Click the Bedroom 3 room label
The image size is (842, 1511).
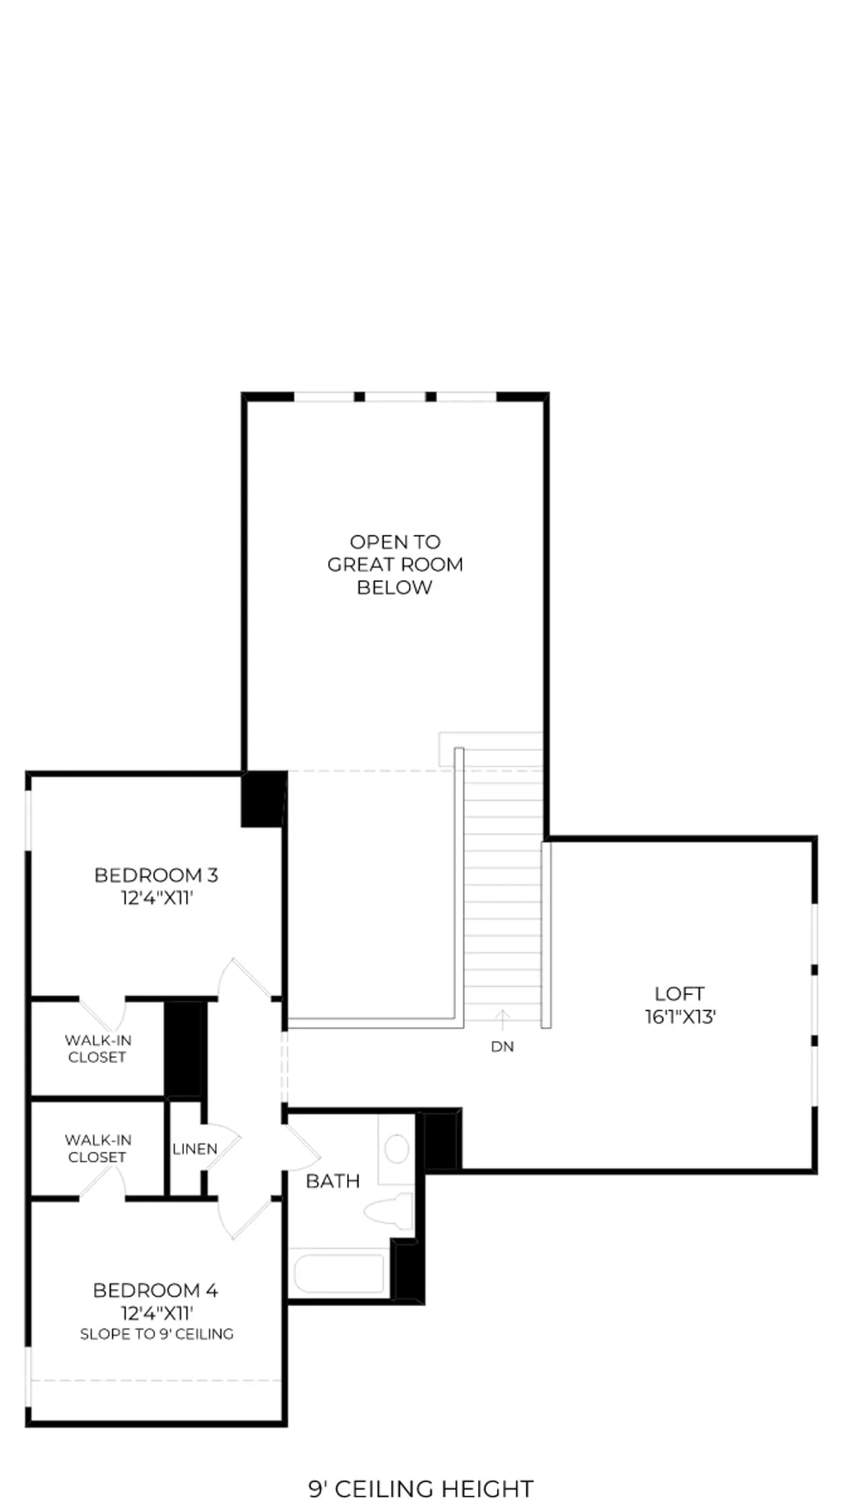156,875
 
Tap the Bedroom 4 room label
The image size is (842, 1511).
156,1290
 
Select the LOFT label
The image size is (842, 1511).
680,993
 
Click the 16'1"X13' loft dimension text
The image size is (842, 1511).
680,1017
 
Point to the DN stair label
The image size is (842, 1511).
502,1046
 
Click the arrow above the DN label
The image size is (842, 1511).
502,1019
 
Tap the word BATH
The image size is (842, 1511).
333,1181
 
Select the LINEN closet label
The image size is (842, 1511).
195,1149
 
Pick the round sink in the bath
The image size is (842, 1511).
397,1149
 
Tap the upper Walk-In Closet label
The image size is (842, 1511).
98,1048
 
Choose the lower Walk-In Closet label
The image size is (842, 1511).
98,1148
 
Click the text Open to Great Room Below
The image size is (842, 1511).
395,564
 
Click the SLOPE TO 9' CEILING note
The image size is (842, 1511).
156,1334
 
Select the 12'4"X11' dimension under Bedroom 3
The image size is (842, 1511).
156,898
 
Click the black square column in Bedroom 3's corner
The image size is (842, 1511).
264,799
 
